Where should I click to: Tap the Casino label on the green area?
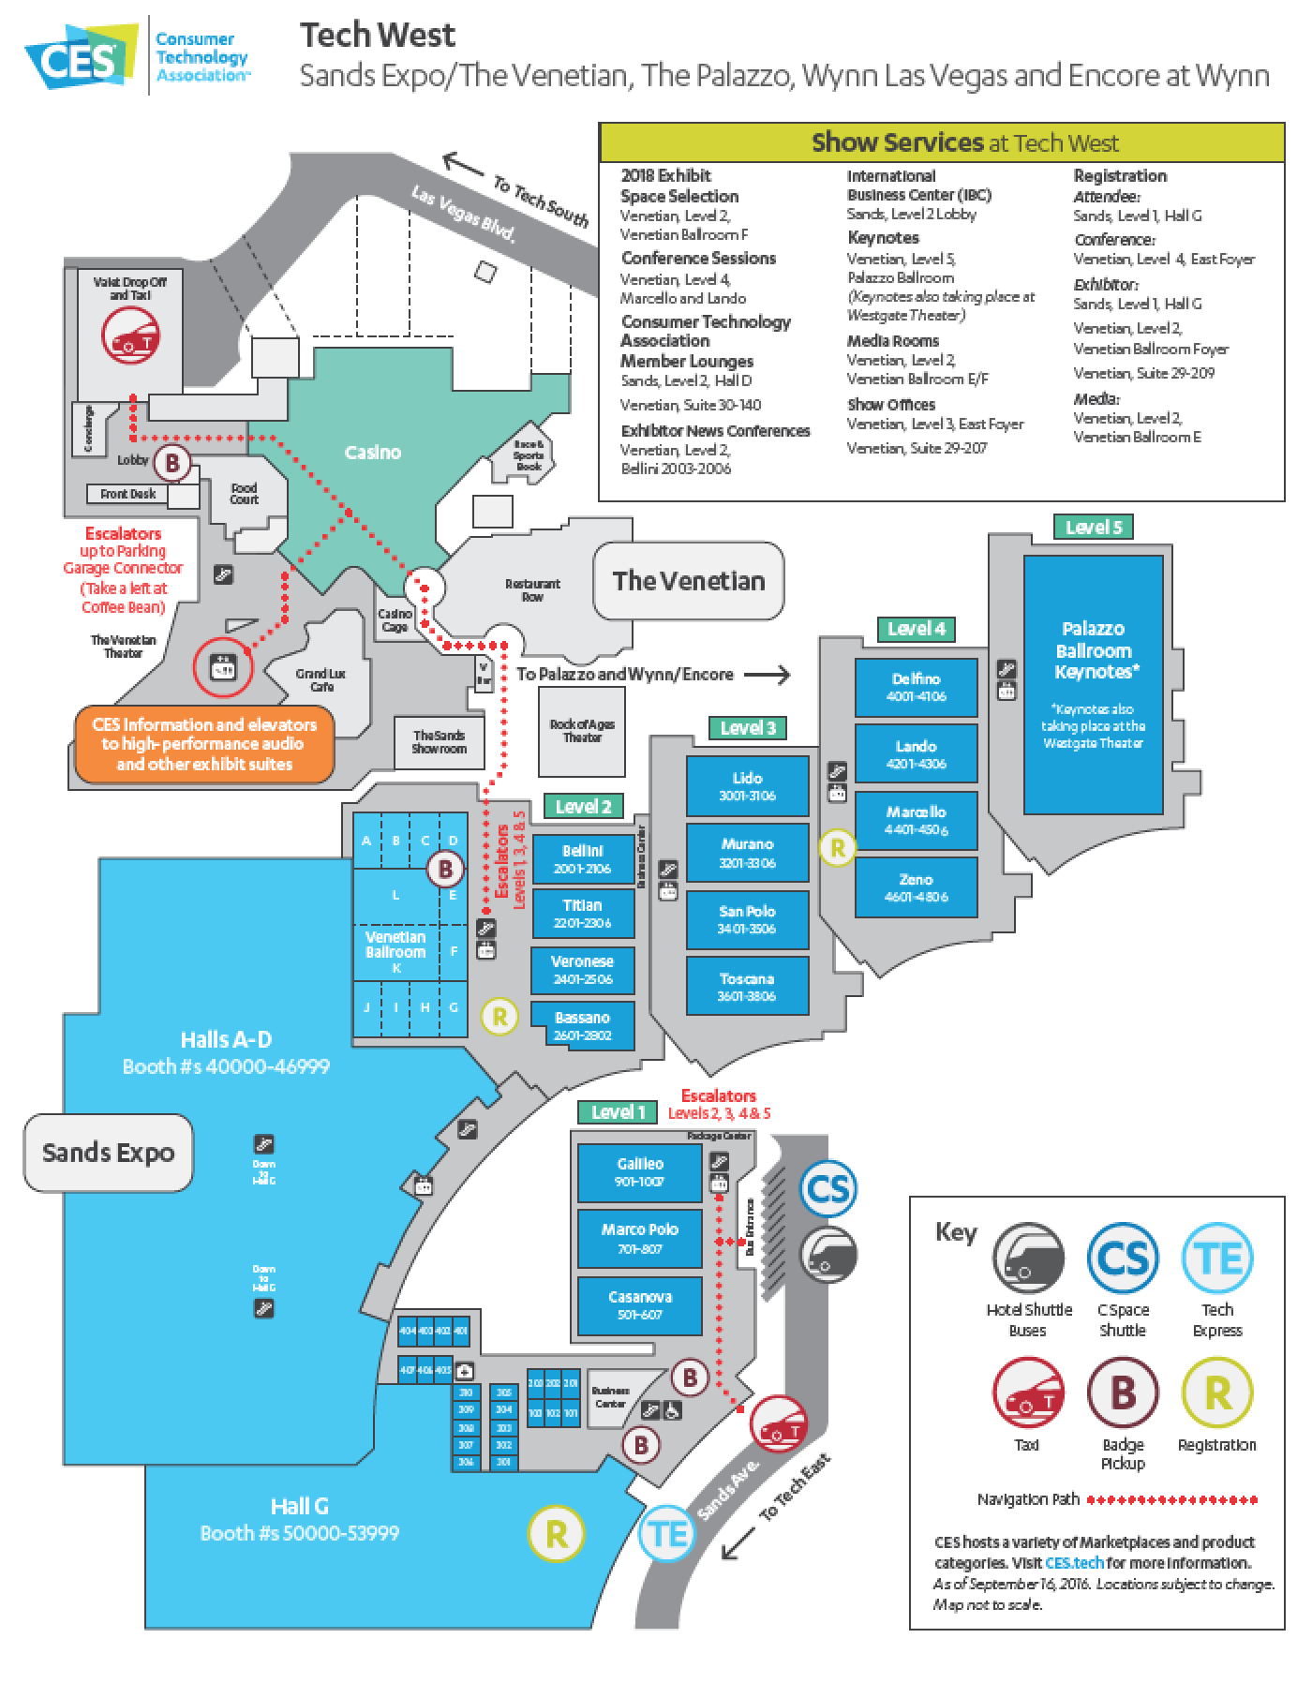click(373, 453)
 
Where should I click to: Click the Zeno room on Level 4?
click(916, 887)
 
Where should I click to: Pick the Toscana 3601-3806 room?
click(747, 987)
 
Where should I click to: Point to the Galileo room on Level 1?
click(639, 1172)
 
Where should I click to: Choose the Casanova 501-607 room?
click(639, 1305)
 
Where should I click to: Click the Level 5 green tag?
click(1094, 527)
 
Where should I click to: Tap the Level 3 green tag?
click(748, 727)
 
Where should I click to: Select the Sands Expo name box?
click(108, 1152)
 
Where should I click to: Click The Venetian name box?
click(689, 580)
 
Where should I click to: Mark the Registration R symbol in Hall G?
click(556, 1534)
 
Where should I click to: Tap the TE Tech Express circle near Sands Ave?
click(668, 1534)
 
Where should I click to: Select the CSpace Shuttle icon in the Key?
click(1123, 1259)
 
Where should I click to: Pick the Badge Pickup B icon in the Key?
click(1123, 1393)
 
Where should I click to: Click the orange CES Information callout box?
click(204, 744)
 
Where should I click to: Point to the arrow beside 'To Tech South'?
click(462, 166)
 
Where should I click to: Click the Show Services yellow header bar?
click(942, 142)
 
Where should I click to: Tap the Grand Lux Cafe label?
click(321, 680)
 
